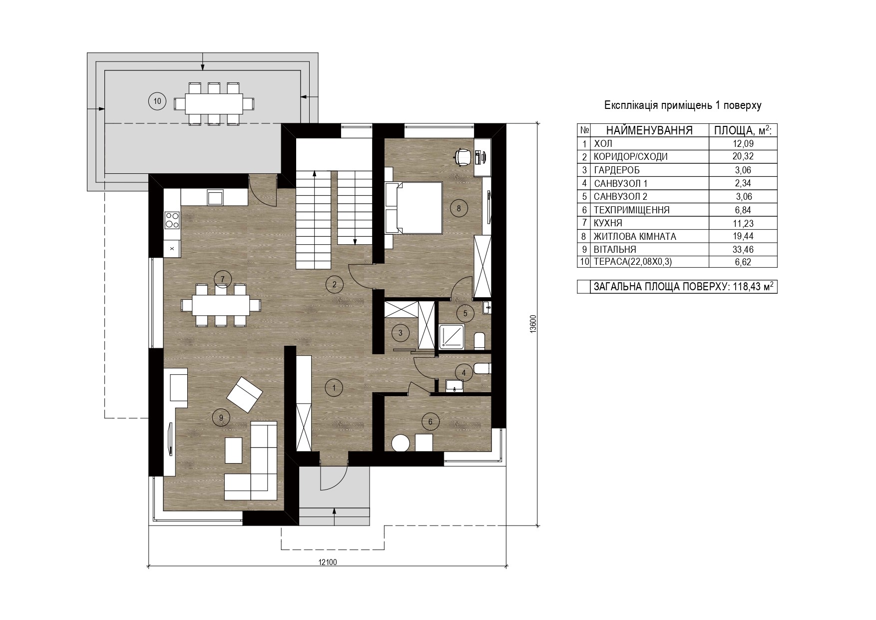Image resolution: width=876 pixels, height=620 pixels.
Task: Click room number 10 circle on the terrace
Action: tap(157, 101)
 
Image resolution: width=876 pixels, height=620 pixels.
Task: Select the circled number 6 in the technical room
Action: tap(431, 422)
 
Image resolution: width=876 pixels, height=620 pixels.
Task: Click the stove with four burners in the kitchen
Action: tap(172, 219)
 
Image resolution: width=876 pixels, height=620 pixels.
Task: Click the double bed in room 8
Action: tap(414, 208)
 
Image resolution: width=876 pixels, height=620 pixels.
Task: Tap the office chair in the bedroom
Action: tap(463, 156)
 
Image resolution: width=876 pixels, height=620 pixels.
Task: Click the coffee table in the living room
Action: tap(234, 450)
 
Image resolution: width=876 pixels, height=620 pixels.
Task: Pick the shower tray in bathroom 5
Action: tap(452, 336)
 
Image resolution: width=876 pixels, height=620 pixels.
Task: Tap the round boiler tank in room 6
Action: tap(400, 443)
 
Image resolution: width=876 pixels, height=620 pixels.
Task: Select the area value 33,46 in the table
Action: tap(743, 249)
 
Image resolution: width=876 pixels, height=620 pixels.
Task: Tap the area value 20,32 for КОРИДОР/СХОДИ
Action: tap(743, 156)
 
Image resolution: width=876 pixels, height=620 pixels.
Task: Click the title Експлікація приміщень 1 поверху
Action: tap(683, 105)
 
